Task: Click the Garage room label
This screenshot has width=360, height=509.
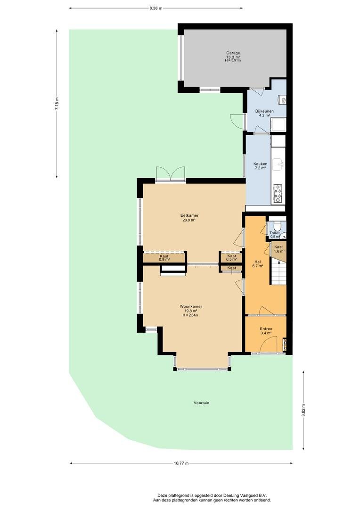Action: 233,53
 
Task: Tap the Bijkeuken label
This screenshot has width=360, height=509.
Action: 264,111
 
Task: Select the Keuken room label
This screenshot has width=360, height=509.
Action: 260,164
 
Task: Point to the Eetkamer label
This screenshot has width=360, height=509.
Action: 189,215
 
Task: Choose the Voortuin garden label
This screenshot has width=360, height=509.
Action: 201,402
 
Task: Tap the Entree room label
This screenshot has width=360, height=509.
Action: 266,328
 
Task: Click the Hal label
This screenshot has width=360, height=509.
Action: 257,262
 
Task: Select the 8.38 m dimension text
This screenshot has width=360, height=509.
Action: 155,8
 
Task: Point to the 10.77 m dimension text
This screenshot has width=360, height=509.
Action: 181,463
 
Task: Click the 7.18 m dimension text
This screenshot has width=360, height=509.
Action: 57,104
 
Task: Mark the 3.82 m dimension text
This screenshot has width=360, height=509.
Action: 303,410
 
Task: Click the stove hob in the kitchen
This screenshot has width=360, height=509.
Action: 278,194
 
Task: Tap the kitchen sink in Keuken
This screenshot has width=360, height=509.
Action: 278,164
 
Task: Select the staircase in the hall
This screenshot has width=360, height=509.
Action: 278,272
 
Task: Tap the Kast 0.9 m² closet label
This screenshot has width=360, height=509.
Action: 164,258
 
